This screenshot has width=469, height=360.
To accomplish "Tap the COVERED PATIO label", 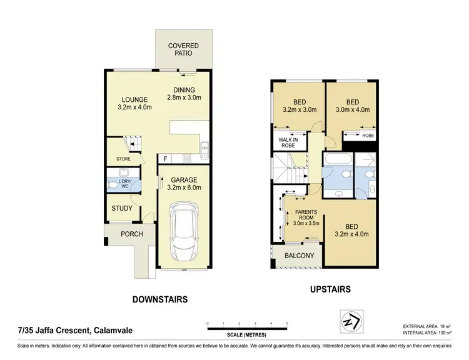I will [x=183, y=50].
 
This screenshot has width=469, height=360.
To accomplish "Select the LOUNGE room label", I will [x=134, y=102].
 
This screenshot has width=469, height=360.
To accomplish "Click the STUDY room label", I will [x=121, y=209].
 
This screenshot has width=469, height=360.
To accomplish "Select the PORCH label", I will [x=132, y=234].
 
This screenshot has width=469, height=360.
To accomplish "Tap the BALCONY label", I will [x=299, y=256].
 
